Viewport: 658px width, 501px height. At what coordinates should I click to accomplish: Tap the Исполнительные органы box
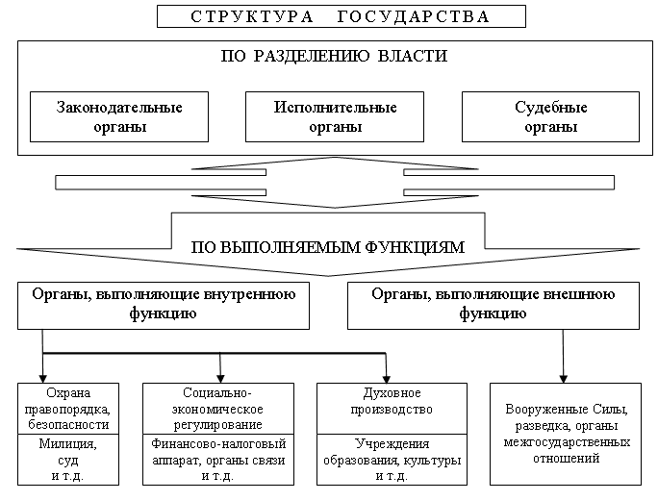(x=330, y=117)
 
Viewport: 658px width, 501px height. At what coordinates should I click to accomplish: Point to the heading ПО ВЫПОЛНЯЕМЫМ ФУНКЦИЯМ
(x=329, y=247)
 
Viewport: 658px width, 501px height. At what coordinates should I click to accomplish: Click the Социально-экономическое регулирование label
(x=221, y=409)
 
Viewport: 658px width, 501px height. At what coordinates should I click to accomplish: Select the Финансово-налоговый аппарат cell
(x=221, y=460)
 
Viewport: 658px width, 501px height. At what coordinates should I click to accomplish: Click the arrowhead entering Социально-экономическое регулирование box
(x=221, y=377)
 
